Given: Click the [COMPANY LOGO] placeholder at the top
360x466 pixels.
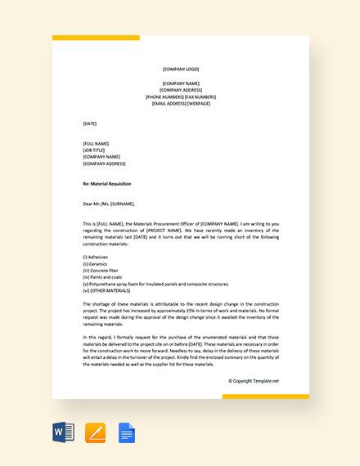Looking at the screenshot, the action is [180, 69].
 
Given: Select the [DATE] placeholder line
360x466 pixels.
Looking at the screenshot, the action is [90, 123].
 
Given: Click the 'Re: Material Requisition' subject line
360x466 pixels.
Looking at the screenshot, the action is [107, 184].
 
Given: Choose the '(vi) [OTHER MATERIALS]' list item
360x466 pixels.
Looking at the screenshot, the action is [107, 291].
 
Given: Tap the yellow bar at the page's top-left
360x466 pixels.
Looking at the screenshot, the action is [96, 38].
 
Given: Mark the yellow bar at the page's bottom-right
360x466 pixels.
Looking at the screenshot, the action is [265, 397].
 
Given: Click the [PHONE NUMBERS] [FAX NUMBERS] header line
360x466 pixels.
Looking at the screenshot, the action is [180, 97].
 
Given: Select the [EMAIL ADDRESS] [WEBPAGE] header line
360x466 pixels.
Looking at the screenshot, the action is [180, 104].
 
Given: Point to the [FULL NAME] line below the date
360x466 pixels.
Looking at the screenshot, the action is [96, 144].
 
